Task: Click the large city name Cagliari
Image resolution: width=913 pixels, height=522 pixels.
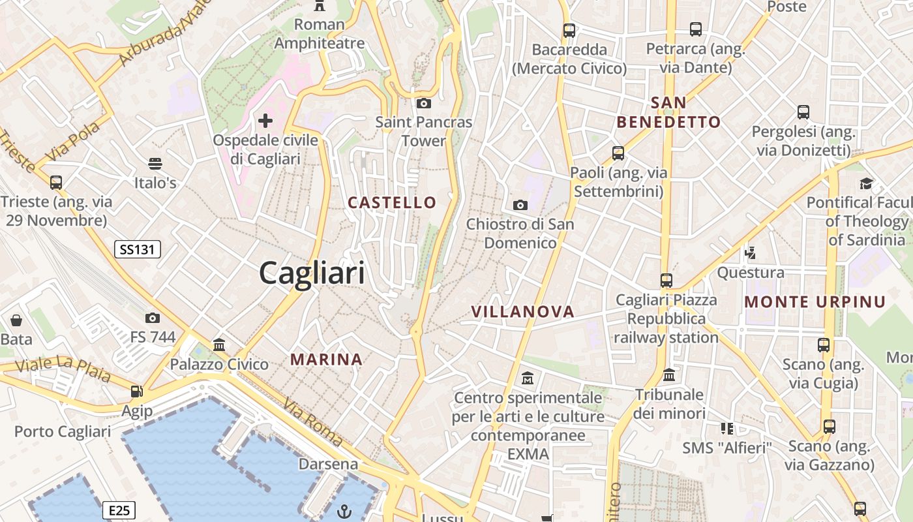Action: click(x=312, y=272)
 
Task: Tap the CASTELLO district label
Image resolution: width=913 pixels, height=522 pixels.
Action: click(x=392, y=202)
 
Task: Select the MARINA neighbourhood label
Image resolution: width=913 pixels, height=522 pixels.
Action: click(x=326, y=360)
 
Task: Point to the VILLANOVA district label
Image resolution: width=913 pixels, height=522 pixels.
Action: click(x=523, y=312)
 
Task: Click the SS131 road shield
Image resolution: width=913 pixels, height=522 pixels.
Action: click(x=137, y=249)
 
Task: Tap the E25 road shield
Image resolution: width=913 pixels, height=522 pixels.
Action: click(x=119, y=510)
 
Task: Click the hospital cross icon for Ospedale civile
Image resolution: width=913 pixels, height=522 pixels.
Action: click(x=265, y=121)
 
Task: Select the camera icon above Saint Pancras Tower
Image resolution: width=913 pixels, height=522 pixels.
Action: click(x=424, y=103)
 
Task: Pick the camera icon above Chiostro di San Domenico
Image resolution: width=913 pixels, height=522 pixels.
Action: click(x=520, y=206)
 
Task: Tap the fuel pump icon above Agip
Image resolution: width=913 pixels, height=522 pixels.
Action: click(x=137, y=391)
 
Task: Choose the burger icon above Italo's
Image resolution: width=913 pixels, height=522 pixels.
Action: click(x=155, y=163)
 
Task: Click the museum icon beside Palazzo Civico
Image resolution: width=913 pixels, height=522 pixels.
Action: click(x=219, y=345)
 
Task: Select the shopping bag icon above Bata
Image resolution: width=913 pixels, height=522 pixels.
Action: click(x=16, y=320)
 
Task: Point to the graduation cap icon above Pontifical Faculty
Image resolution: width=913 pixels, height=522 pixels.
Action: click(x=867, y=183)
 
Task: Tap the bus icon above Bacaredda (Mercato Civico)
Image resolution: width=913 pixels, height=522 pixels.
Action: click(x=569, y=30)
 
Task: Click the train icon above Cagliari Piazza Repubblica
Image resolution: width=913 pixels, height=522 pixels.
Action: click(x=666, y=281)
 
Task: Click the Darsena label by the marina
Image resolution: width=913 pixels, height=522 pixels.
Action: click(x=329, y=464)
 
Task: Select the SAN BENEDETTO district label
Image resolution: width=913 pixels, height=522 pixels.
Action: click(x=669, y=112)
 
